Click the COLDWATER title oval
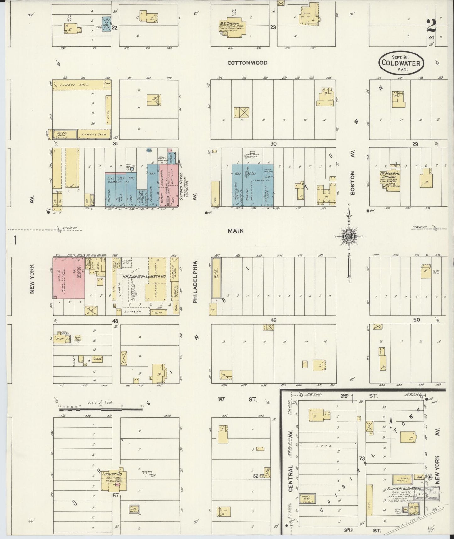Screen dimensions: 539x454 click(401, 63)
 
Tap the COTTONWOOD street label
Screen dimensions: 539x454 click(248, 63)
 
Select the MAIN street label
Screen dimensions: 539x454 click(236, 231)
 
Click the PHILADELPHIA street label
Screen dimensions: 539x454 click(195, 282)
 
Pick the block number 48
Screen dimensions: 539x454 click(115, 321)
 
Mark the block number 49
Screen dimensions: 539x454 click(273, 320)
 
